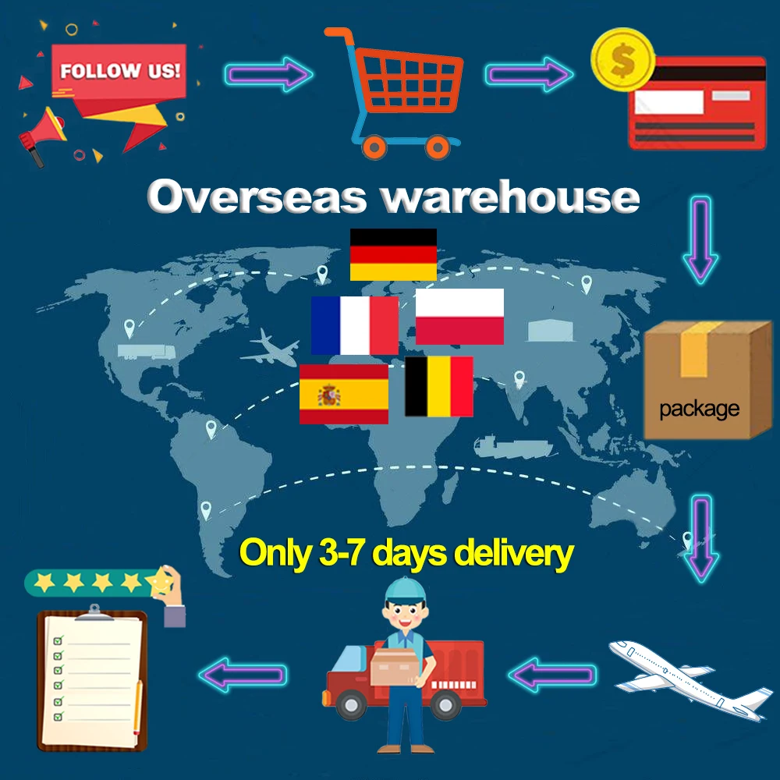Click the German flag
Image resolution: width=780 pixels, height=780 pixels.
pos(393,254)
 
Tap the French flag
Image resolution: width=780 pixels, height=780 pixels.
pos(354,325)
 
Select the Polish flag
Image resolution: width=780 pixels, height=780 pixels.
pos(459,316)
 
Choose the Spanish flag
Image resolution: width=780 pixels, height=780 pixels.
pos(344,394)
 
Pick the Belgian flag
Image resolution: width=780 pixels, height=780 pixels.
pos(438,386)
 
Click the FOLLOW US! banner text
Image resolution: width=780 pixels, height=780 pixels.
pos(120,71)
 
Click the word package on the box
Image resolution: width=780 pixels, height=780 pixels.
pos(699,408)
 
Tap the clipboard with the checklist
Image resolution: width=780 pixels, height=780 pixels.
pos(92,679)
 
